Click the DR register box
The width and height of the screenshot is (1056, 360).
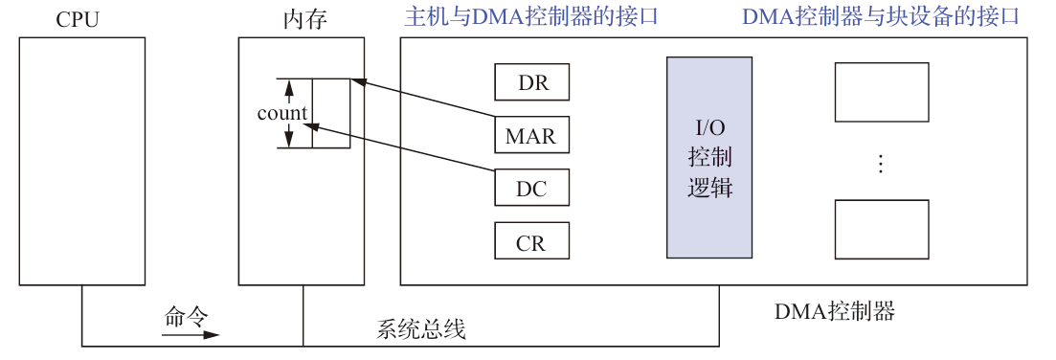[532, 81]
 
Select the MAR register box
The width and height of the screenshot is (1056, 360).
[532, 135]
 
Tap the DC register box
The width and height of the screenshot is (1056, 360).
[532, 188]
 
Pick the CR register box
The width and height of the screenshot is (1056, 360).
[532, 241]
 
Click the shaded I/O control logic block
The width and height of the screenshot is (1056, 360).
[709, 157]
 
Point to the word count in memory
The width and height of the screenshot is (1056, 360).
[282, 112]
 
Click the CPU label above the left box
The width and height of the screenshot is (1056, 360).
[78, 19]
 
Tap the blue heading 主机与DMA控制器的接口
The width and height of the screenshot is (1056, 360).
[530, 17]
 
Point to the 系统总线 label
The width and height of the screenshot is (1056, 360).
[421, 329]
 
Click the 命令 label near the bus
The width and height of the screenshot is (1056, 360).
[186, 316]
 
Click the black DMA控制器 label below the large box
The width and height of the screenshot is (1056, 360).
[835, 311]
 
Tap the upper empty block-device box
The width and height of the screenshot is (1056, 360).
[882, 92]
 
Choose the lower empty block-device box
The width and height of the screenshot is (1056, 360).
[882, 230]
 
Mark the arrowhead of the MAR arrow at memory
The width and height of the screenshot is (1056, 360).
[356, 82]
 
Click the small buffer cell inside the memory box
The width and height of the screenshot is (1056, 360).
[331, 114]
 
